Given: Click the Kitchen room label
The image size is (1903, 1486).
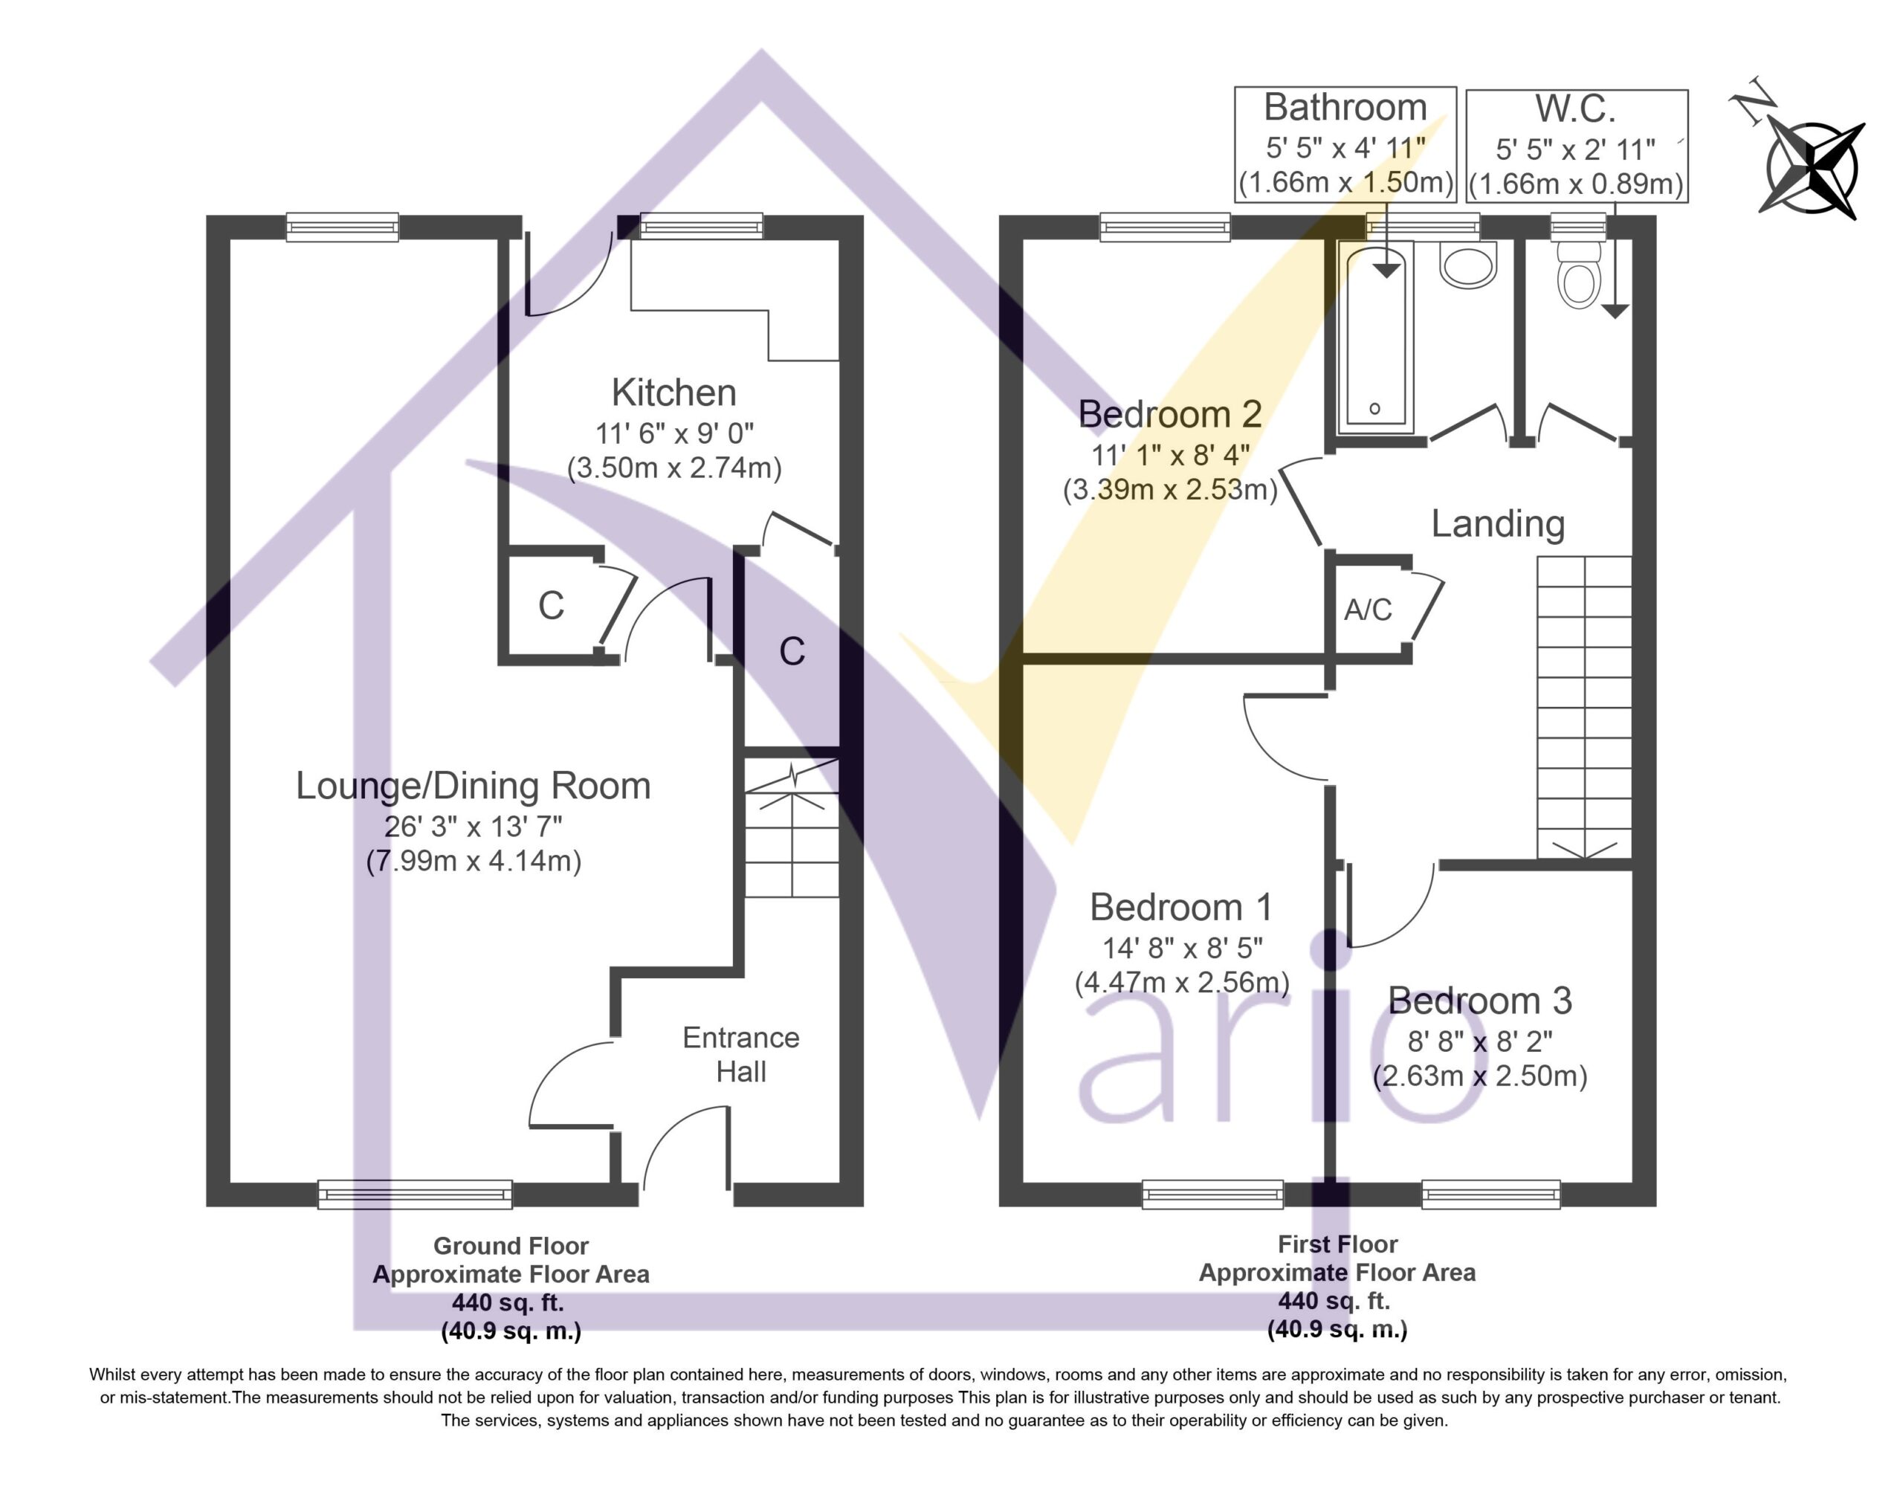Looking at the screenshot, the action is point(673,393).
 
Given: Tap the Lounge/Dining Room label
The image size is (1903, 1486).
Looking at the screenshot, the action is point(473,786).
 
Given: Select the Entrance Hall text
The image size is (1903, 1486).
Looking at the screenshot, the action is point(740,1055).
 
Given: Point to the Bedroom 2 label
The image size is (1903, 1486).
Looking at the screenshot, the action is point(1169,414).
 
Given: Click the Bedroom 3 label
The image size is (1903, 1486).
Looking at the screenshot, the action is point(1479,1001).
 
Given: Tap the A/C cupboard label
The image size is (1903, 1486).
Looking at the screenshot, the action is point(1368,610).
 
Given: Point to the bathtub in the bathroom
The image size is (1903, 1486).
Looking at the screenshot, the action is point(1375,337).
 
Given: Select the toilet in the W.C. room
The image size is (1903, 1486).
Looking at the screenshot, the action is point(1579,274).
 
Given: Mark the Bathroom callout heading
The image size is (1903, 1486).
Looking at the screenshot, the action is point(1345,108).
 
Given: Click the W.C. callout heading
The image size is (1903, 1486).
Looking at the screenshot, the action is point(1575,109).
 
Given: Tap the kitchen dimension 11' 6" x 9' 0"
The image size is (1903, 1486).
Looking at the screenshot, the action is point(674,433).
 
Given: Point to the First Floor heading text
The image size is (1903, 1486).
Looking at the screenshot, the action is point(1337,1244).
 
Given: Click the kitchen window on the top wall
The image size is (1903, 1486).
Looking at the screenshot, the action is point(702,227).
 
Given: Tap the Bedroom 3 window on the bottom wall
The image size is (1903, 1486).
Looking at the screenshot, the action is point(1491,1194).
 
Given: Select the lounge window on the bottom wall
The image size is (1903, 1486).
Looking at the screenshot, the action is point(415,1194).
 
